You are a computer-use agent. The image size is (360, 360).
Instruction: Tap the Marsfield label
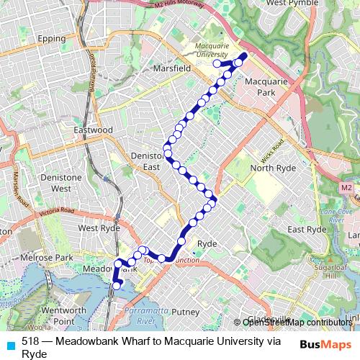[171, 68]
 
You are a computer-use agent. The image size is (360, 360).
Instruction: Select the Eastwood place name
[94, 130]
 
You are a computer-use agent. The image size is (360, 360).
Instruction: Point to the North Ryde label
[269, 168]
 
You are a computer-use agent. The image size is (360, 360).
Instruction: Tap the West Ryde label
[99, 228]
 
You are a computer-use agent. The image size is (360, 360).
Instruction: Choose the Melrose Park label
[52, 257]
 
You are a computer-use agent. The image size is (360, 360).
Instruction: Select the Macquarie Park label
[266, 88]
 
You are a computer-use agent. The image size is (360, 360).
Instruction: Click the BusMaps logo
[327, 343]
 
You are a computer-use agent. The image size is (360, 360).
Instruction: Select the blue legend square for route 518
[9, 342]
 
